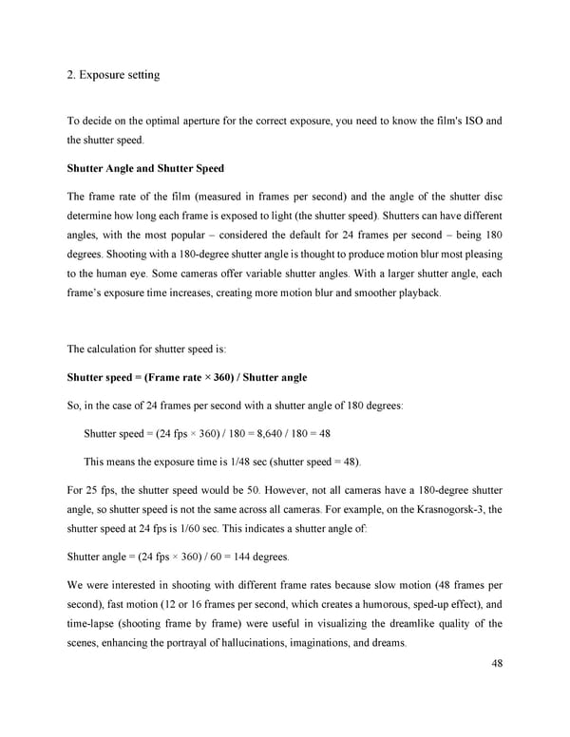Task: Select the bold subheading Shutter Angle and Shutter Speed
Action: coord(145,168)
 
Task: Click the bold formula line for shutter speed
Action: coord(186,377)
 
